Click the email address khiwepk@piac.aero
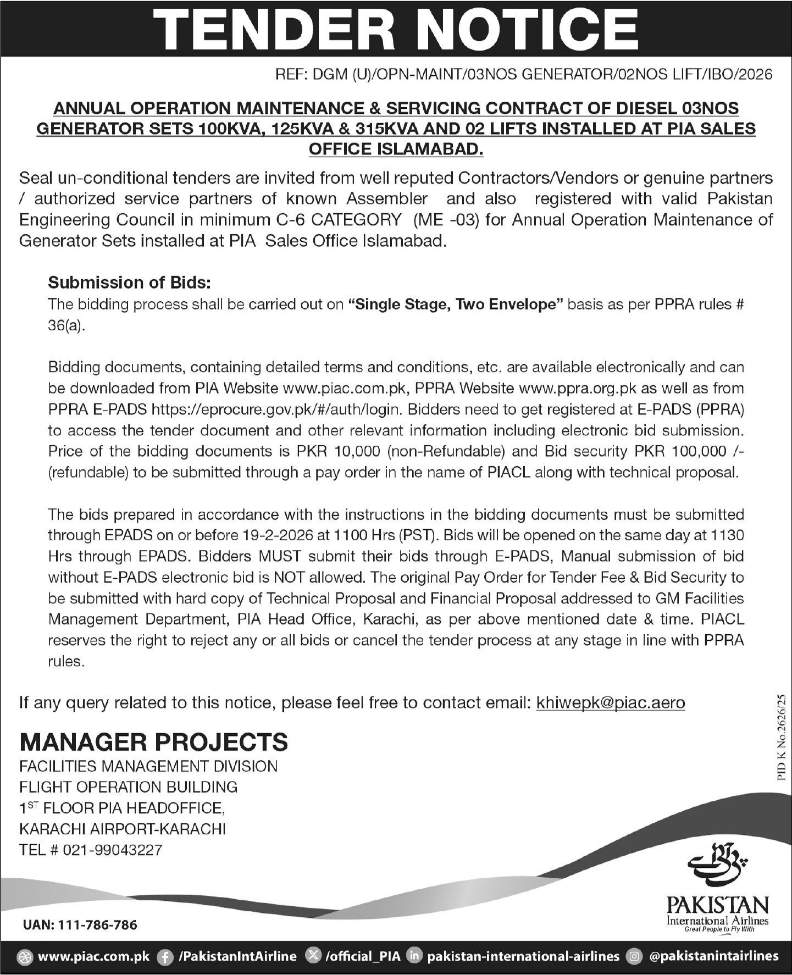611,702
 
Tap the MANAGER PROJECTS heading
154,742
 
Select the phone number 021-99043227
113,850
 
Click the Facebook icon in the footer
164,957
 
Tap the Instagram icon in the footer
635,957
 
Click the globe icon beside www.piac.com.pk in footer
25,957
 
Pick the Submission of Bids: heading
130,282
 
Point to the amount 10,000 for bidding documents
357,451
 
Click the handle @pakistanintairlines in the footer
714,957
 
